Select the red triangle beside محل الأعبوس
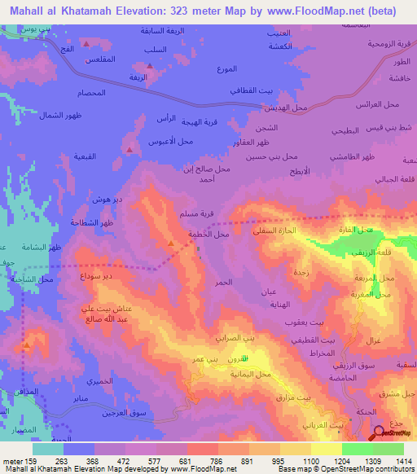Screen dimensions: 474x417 129,149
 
